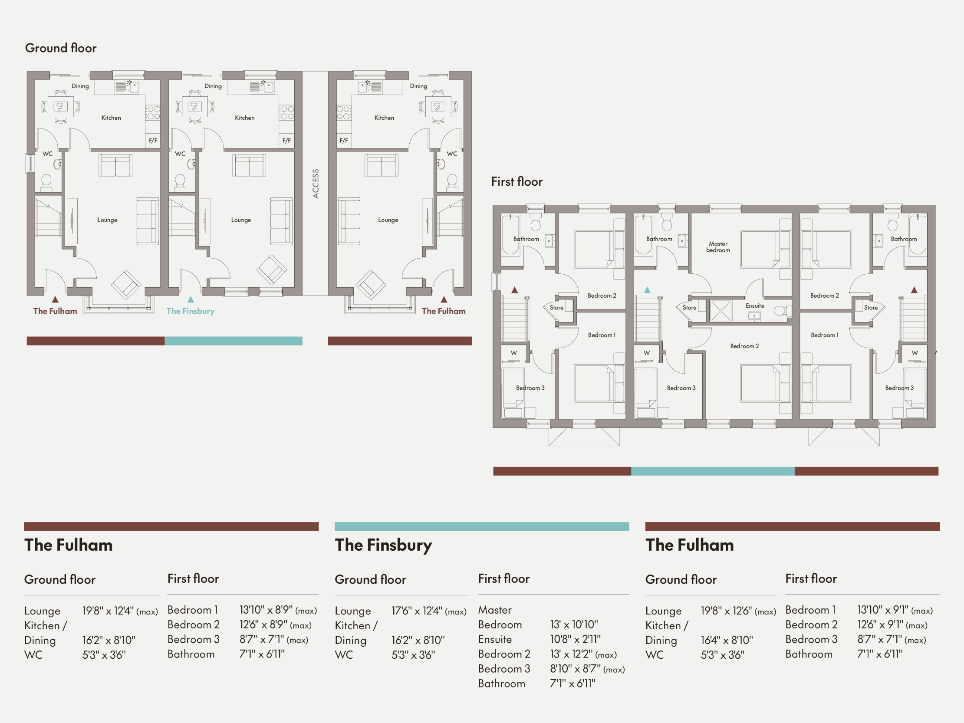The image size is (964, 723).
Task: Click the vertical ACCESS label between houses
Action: [316, 184]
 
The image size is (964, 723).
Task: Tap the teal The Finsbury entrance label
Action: [191, 311]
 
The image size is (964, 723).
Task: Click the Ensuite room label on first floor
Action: [755, 306]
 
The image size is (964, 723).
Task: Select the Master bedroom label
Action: [718, 246]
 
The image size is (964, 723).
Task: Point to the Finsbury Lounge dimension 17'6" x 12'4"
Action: [428, 611]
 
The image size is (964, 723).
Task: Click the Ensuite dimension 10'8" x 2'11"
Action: [575, 639]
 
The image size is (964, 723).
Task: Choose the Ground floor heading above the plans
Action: [61, 48]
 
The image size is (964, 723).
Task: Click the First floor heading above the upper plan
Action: [517, 181]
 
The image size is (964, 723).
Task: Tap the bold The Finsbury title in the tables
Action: [383, 545]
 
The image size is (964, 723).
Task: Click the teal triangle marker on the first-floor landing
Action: [647, 290]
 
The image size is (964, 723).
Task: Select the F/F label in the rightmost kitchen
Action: [344, 140]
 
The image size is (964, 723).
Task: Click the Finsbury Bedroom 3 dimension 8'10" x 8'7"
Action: [586, 669]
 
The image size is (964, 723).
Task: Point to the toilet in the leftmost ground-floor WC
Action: [46, 182]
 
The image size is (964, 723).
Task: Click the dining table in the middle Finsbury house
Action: [195, 106]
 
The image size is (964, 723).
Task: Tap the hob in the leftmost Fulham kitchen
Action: [152, 113]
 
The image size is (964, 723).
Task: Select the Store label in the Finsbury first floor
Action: [689, 308]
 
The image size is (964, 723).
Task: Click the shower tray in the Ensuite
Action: [721, 311]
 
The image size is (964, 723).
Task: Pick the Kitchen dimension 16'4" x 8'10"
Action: [727, 640]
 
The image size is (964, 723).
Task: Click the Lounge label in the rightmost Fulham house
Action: [388, 220]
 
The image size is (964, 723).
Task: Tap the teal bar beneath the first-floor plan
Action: [713, 471]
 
